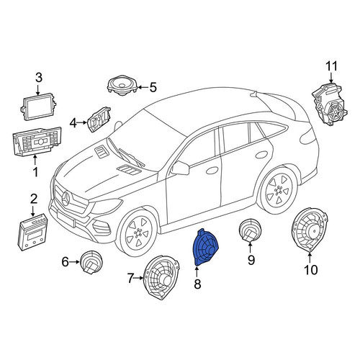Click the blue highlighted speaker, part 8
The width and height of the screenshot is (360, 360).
point(206,248)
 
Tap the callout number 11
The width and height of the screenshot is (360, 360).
point(331,66)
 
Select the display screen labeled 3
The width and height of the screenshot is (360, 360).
point(38,107)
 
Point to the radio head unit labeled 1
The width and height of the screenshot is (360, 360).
point(37,142)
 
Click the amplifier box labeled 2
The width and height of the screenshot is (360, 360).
point(32,232)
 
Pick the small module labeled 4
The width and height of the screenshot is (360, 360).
point(99,120)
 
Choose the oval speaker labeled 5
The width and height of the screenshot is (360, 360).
point(122,86)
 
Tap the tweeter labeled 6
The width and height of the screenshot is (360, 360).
point(91,262)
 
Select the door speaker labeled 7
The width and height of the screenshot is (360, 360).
point(162,276)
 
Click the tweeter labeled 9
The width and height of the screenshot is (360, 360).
point(250,230)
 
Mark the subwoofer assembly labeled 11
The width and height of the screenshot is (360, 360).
point(330,104)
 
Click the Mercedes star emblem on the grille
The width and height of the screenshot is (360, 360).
point(66,199)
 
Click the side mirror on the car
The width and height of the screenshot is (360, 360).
point(181,168)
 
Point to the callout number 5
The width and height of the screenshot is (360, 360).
point(153,87)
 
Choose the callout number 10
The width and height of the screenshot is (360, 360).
point(311,270)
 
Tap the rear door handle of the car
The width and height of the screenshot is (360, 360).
point(261,154)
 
